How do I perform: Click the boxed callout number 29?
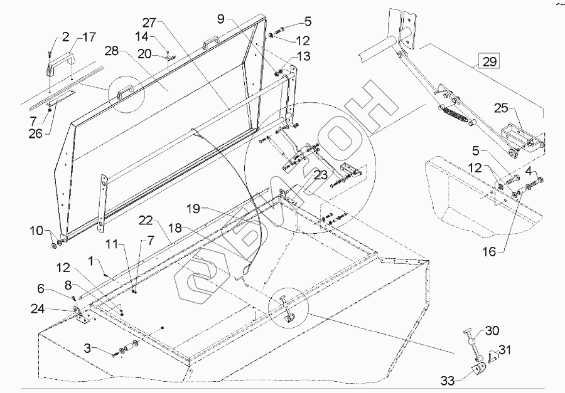tap(489, 61)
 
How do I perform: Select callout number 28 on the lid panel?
tap(112, 51)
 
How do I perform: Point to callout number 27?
tap(149, 23)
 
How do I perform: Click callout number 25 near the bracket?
tap(501, 108)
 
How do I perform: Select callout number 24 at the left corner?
tap(38, 308)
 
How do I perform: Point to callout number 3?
tap(88, 348)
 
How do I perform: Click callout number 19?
tap(194, 208)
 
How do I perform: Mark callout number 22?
tap(146, 220)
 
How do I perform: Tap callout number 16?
tap(490, 251)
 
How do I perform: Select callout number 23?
tap(320, 175)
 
